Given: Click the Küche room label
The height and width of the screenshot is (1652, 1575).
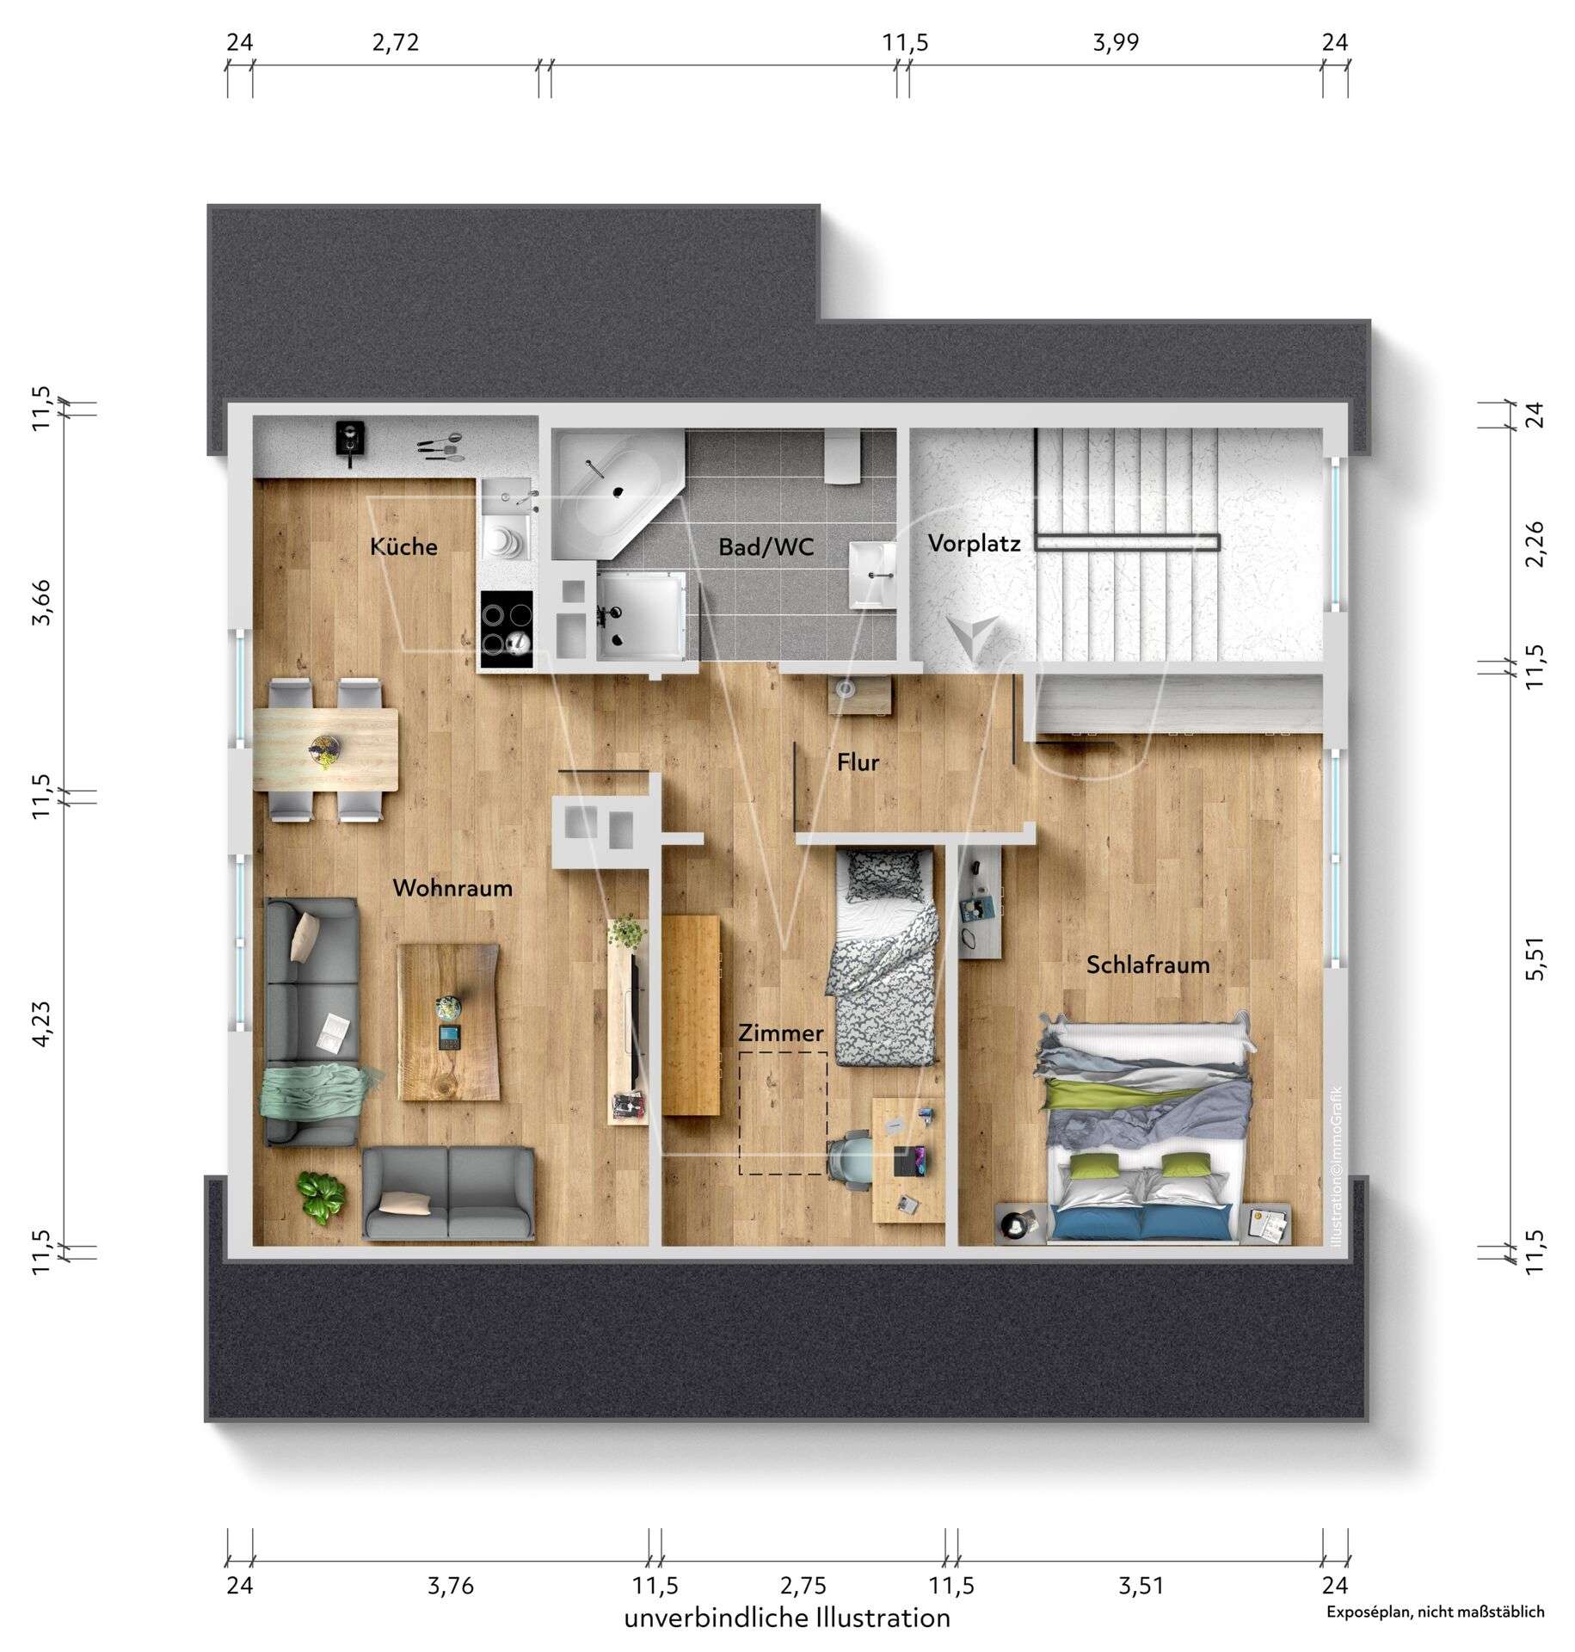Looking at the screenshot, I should [x=403, y=546].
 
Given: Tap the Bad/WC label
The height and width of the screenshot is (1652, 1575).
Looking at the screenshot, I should [x=766, y=547].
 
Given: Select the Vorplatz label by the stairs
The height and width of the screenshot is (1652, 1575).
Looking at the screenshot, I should [x=974, y=544].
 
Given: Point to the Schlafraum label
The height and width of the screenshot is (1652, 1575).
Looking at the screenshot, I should [x=1147, y=965].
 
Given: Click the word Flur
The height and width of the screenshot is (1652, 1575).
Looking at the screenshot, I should [x=858, y=762].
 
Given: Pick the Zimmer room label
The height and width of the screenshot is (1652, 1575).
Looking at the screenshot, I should [x=781, y=1033].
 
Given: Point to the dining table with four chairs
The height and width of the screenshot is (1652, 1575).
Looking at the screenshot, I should [x=325, y=749].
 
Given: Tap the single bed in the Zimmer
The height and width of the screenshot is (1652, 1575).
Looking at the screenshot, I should [x=881, y=955].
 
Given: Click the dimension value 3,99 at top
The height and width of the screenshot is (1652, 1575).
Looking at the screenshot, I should [x=1116, y=42].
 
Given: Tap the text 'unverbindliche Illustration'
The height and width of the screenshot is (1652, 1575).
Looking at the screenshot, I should [x=787, y=1618].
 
